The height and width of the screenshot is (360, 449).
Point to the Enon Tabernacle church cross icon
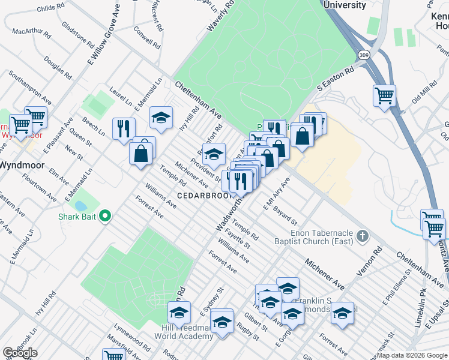[x=362, y=236]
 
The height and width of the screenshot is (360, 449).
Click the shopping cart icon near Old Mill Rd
[x=384, y=95]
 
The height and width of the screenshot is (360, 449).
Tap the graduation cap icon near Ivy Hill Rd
[x=161, y=117]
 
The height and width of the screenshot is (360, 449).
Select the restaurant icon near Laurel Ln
[x=124, y=128]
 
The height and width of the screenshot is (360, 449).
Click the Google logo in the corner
[x=20, y=353]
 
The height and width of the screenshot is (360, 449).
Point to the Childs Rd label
[x=50, y=8]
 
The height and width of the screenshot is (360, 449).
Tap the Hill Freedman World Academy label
[x=187, y=332]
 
